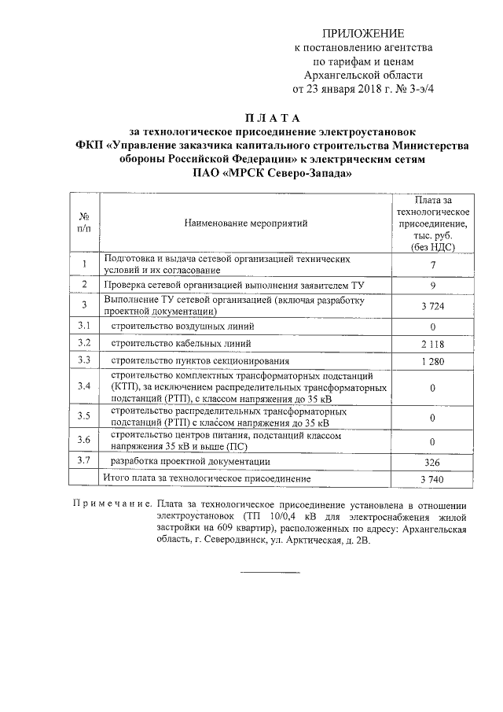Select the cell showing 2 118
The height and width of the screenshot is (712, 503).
(x=433, y=344)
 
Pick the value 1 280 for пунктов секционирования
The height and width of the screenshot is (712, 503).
(x=433, y=361)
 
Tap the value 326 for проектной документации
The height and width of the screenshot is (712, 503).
(x=433, y=462)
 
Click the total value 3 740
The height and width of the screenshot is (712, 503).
(x=433, y=479)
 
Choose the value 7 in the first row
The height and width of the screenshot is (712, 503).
(x=433, y=264)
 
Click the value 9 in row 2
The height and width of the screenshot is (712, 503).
(x=433, y=284)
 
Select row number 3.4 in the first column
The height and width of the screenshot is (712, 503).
(x=83, y=387)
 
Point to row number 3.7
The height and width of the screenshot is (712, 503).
(x=83, y=460)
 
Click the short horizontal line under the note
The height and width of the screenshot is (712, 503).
(x=275, y=572)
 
